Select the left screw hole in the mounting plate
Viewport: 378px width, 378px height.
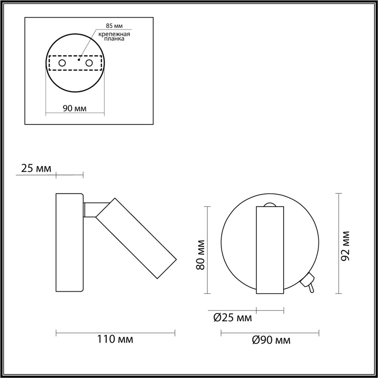point(62,63)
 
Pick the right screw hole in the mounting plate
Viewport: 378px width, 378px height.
point(89,63)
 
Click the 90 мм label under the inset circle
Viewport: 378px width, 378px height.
point(74,108)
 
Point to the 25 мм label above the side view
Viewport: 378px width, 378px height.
point(36,169)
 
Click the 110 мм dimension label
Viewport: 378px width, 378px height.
point(115,339)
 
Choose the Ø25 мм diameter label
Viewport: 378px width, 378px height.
point(232,318)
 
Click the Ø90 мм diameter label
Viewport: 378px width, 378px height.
point(271,340)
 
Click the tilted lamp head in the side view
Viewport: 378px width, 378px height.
point(136,238)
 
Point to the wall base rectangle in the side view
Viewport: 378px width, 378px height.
point(69,242)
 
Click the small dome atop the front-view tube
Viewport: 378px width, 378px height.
point(270,205)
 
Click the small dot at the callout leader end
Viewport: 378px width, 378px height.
point(79,59)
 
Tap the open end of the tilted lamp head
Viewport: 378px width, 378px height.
point(166,269)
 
